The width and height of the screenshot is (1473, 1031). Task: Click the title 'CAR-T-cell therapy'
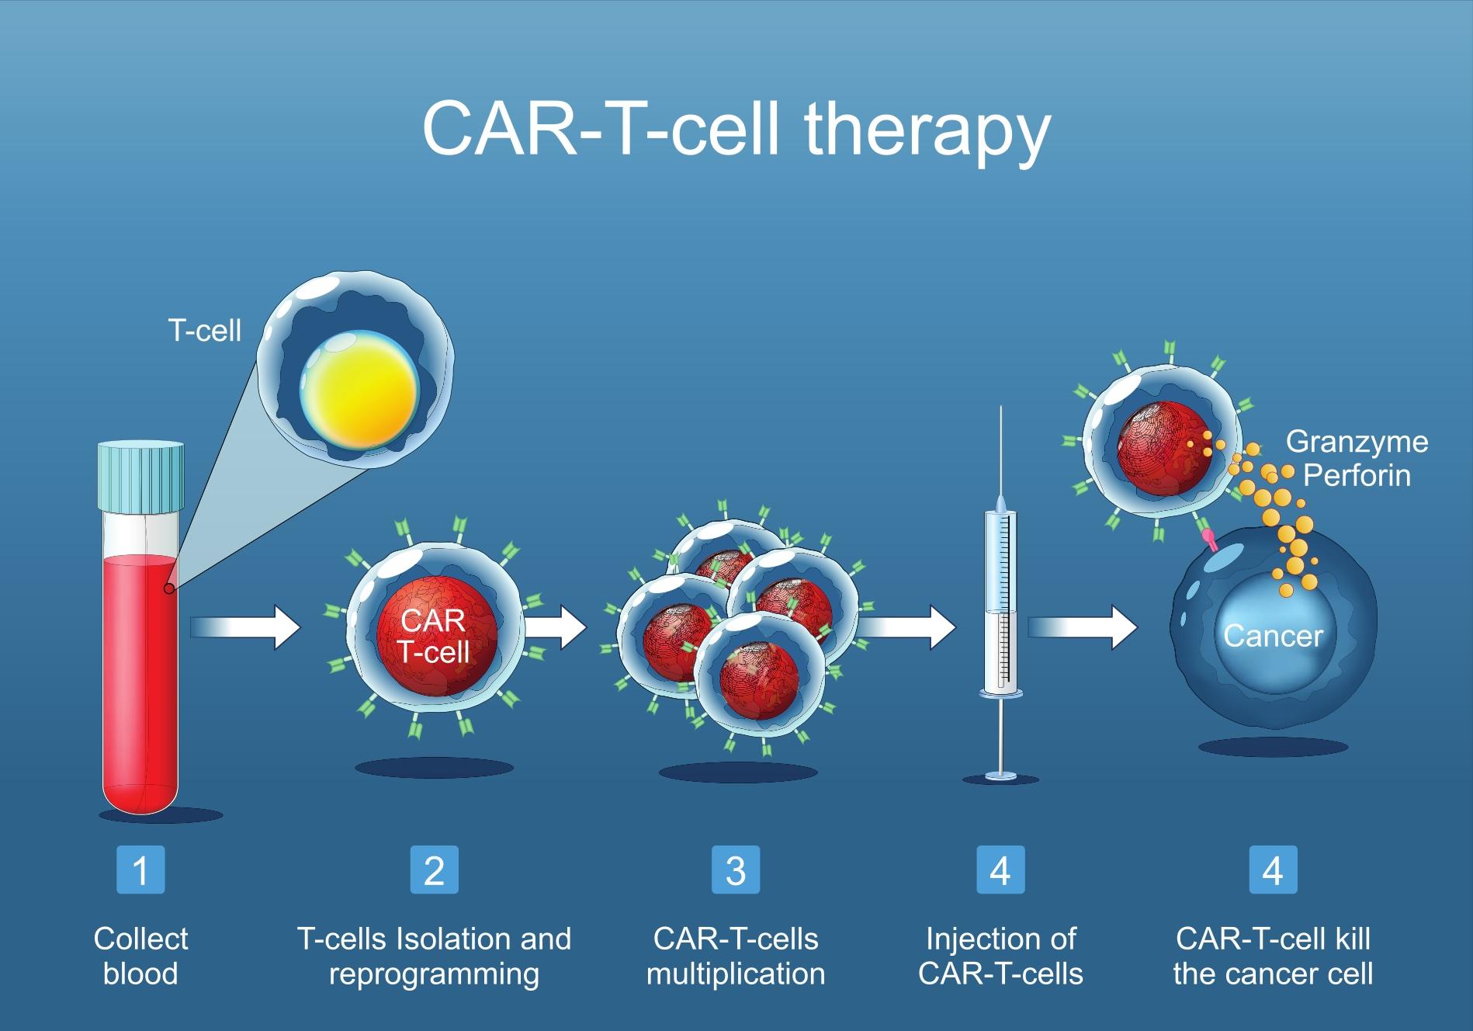click(x=736, y=130)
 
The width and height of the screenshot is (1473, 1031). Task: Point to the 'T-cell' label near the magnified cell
click(x=205, y=332)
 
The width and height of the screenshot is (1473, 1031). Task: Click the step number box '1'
click(x=140, y=870)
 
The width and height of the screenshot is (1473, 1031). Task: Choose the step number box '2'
click(x=434, y=870)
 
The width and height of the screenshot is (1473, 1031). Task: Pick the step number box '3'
click(x=735, y=870)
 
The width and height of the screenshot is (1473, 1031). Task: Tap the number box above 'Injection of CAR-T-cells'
click(x=1000, y=870)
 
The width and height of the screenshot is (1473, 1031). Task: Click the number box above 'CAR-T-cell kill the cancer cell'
click(x=1273, y=870)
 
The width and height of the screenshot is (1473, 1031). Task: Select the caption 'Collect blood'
click(x=140, y=956)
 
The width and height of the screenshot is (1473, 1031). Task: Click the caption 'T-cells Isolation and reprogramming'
click(x=434, y=956)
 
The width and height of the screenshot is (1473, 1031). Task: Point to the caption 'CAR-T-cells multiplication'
click(x=736, y=956)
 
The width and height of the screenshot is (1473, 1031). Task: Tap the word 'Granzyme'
click(x=1357, y=442)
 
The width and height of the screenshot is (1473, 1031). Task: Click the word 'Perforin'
click(x=1357, y=475)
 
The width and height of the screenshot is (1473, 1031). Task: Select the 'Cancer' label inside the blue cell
click(x=1273, y=636)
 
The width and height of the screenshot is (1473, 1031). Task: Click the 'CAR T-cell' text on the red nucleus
click(x=434, y=636)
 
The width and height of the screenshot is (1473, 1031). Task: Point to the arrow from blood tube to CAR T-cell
click(x=244, y=627)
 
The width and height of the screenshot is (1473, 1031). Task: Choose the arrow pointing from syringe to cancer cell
click(x=1083, y=627)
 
